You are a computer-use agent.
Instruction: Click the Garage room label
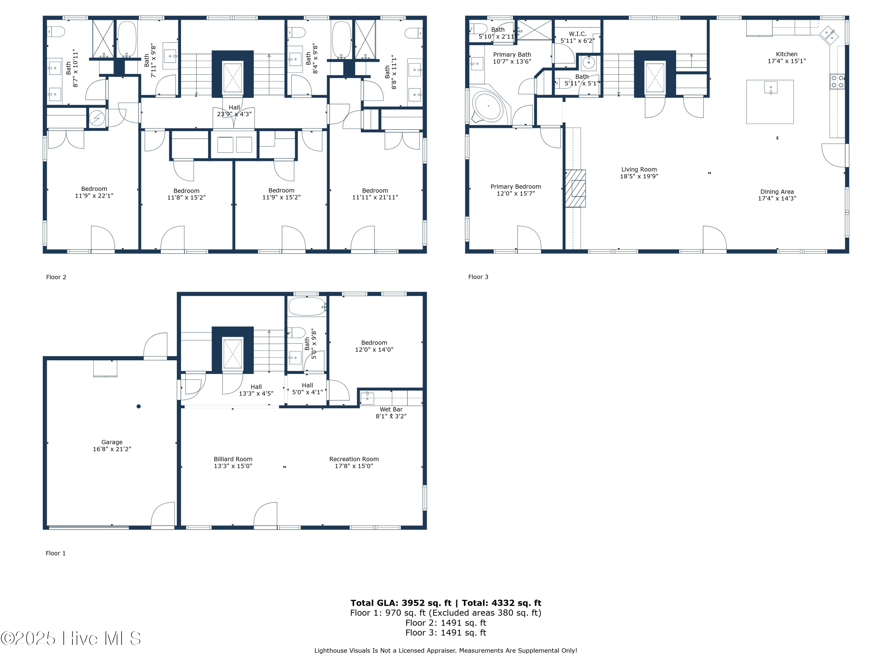tap(112, 442)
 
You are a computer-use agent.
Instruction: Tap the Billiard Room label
tap(233, 459)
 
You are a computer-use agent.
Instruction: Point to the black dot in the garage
tap(138, 406)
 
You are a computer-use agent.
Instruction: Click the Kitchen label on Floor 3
tap(786, 54)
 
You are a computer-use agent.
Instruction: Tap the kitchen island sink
tap(771, 87)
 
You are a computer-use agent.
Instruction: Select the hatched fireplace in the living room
tap(575, 188)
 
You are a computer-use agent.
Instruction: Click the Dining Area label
tap(777, 191)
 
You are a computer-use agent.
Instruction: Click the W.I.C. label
tap(577, 34)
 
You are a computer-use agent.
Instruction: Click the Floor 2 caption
tap(56, 277)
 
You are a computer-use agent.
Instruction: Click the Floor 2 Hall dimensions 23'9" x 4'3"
tap(234, 114)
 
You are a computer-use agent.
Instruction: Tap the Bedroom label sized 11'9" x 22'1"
tap(94, 189)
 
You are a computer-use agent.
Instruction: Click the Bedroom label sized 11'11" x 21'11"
tap(375, 190)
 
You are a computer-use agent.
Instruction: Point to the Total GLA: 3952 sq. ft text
tap(401, 603)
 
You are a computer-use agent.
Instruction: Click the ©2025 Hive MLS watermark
tap(71, 638)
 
